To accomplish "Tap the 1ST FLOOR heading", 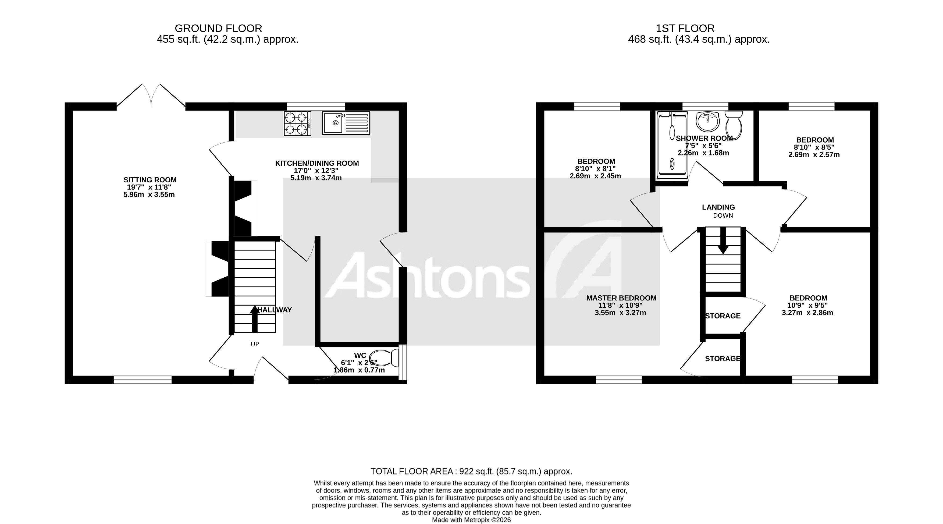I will [685, 29].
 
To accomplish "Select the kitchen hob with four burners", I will [297, 123].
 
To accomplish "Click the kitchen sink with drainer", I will [346, 123].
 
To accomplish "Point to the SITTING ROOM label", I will [150, 180].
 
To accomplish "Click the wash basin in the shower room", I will [707, 122].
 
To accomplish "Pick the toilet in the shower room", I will [733, 125].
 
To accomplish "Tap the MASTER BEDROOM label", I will [621, 298].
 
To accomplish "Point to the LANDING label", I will [718, 207].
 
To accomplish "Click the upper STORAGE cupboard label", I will [723, 316].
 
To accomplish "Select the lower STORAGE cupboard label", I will [723, 359].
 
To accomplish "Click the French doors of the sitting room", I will [151, 96].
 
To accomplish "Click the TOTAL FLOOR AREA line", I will [471, 471].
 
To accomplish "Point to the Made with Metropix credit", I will [471, 520].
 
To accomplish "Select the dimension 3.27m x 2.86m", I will [807, 313].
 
